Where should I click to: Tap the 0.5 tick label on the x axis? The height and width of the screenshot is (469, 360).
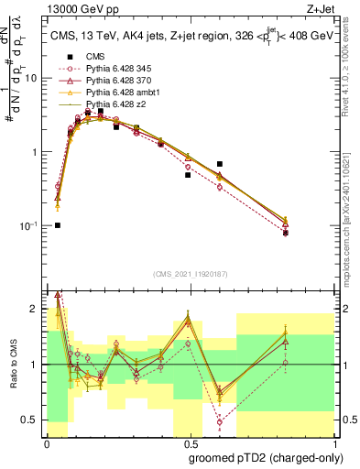coord(193,444)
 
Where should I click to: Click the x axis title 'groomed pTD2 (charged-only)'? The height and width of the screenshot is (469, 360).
coord(272,458)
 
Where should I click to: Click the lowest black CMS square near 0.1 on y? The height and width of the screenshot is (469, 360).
coord(58,225)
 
